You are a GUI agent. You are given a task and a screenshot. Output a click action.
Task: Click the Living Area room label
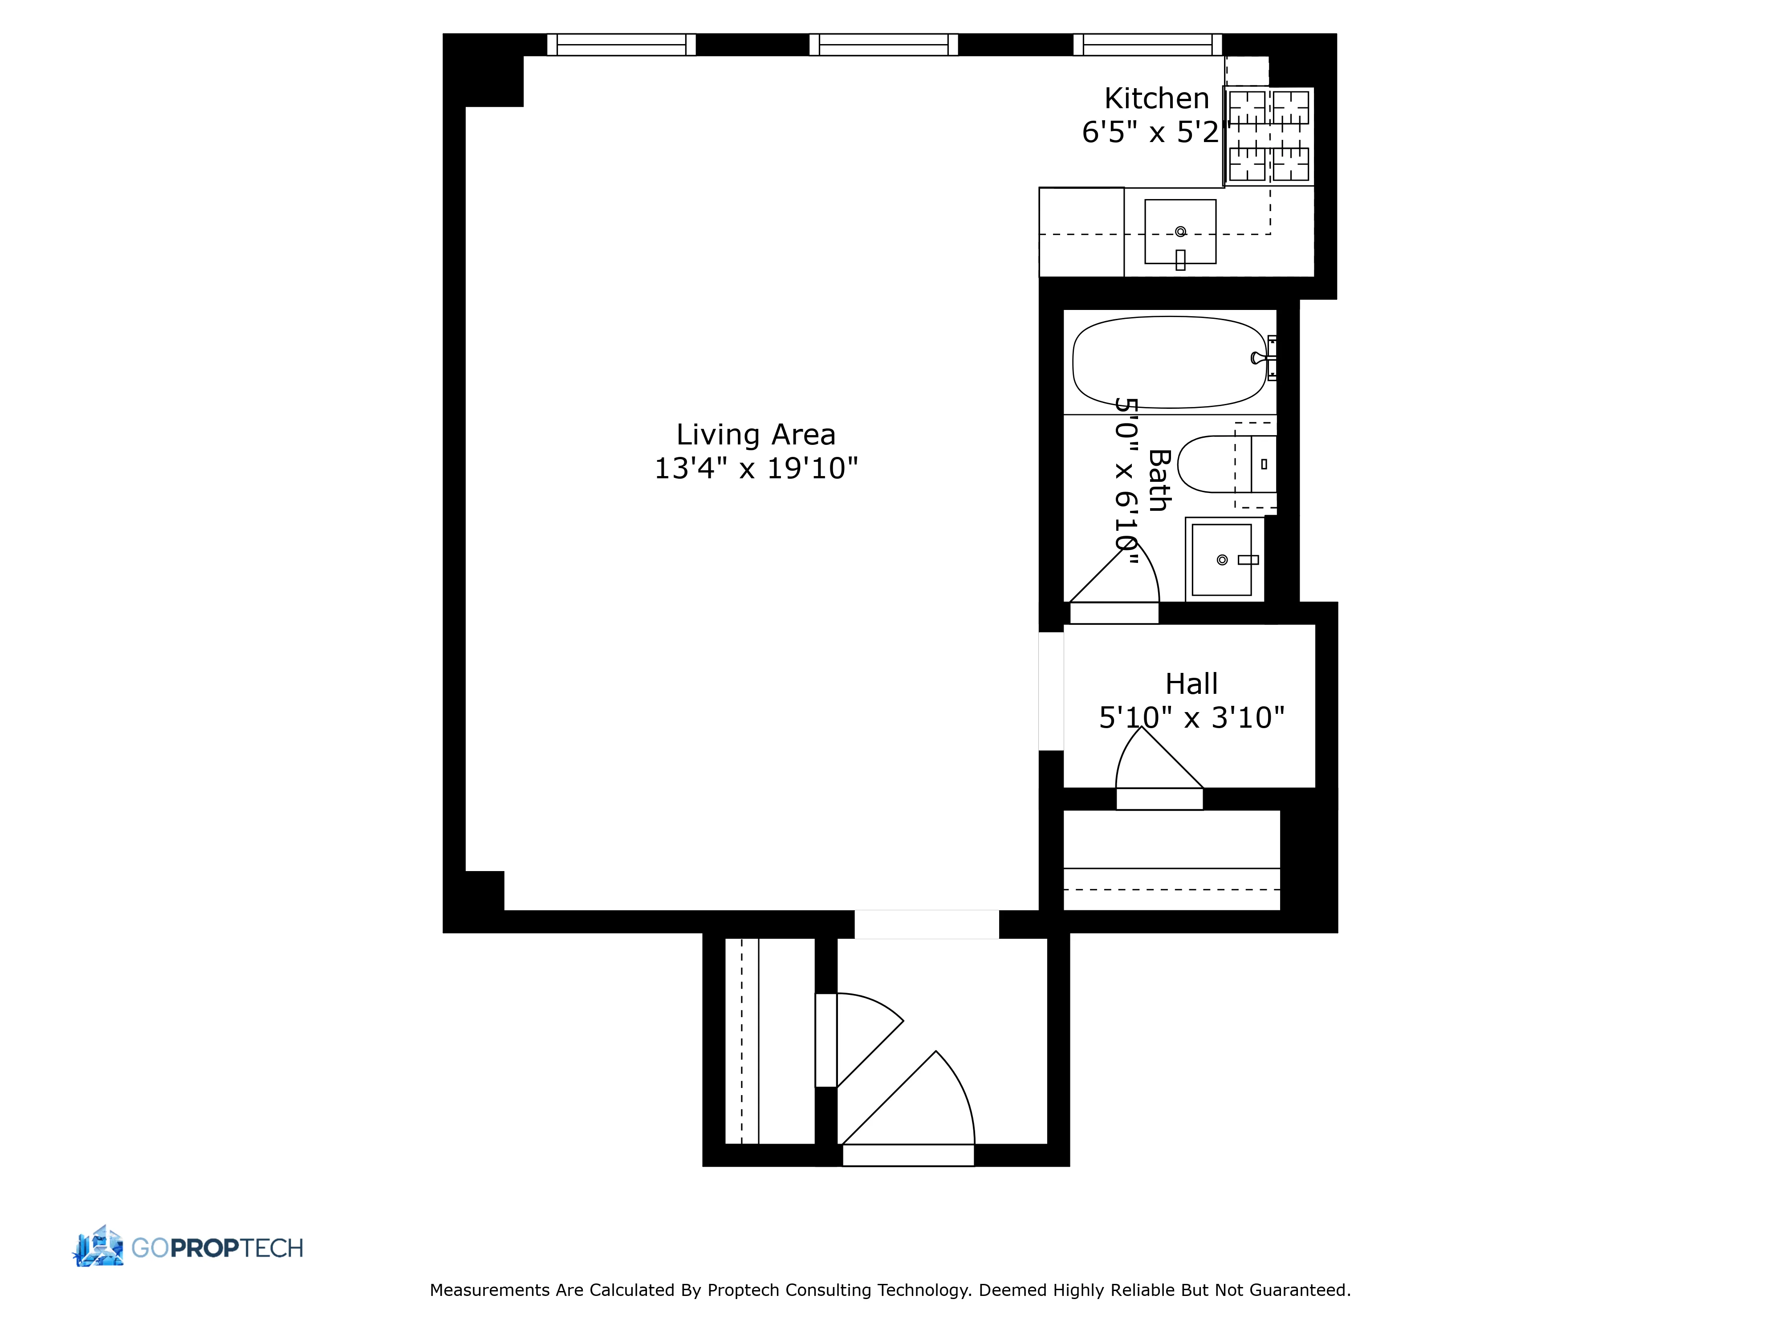(755, 435)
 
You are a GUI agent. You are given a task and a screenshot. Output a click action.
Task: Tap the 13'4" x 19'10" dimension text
(755, 468)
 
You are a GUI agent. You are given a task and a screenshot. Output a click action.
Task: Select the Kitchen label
(1156, 99)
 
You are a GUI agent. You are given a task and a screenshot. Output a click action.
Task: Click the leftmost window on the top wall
(621, 44)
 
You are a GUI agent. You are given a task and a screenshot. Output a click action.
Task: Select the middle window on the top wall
(883, 44)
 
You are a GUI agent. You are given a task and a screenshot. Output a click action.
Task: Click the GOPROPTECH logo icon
(98, 1246)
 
